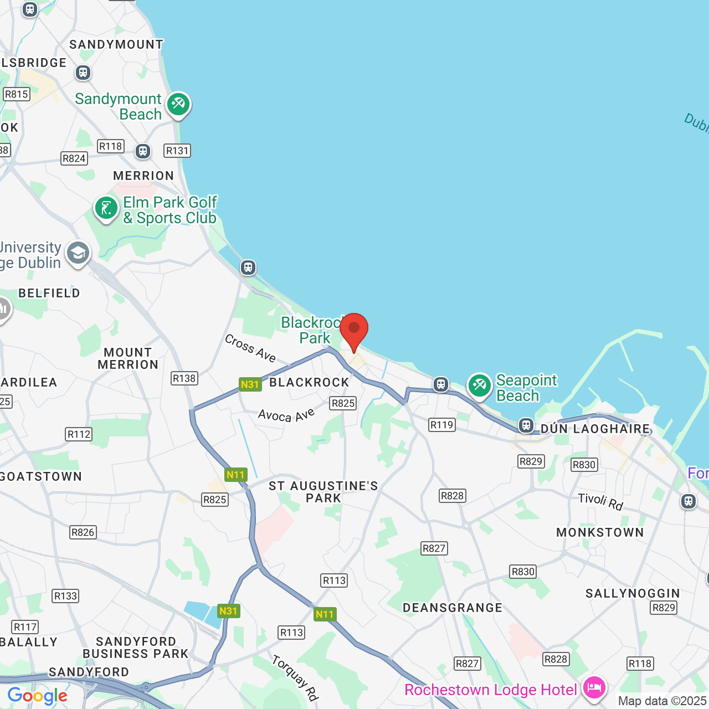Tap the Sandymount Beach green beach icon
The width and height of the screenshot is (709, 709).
tap(178, 104)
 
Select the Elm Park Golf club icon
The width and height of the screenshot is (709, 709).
tap(106, 209)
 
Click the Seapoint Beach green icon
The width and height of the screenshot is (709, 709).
tap(480, 385)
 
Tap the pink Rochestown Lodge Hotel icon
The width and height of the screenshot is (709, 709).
tap(594, 688)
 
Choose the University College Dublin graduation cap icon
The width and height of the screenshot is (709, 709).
tap(78, 253)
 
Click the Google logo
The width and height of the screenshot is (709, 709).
tap(37, 696)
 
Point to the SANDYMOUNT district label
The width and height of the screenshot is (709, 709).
tap(116, 44)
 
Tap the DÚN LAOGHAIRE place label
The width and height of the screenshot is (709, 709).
tap(595, 429)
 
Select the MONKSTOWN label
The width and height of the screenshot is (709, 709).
tap(600, 532)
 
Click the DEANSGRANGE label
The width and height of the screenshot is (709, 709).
tap(453, 608)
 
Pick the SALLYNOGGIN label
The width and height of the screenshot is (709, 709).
tap(633, 593)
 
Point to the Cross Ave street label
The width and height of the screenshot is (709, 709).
tap(250, 348)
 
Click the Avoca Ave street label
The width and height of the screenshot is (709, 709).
tap(286, 415)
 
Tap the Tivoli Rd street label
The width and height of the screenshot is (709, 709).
tap(600, 501)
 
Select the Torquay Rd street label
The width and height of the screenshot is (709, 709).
tap(295, 677)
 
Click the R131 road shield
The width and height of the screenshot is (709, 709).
tap(177, 151)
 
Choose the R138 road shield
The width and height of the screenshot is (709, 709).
tap(184, 378)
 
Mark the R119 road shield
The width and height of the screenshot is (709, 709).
tap(441, 425)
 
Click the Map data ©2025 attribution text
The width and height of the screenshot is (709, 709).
tap(662, 701)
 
